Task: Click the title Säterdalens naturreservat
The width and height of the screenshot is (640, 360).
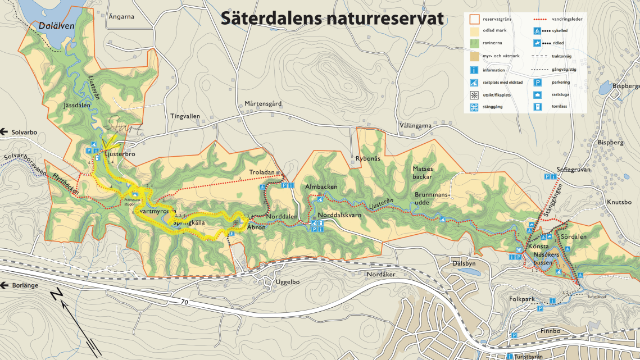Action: (332, 18)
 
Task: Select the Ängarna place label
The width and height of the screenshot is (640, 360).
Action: (122, 17)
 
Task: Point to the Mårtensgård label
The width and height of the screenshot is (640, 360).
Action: (263, 104)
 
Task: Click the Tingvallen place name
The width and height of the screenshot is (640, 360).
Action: (185, 116)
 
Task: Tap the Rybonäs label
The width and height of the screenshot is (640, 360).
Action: (368, 159)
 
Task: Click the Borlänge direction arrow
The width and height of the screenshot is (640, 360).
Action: (4, 285)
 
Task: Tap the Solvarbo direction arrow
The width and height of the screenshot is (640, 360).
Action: (4, 132)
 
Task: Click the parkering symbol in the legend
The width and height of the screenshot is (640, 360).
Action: (537, 82)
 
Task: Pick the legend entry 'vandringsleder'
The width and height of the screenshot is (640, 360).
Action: (565, 20)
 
